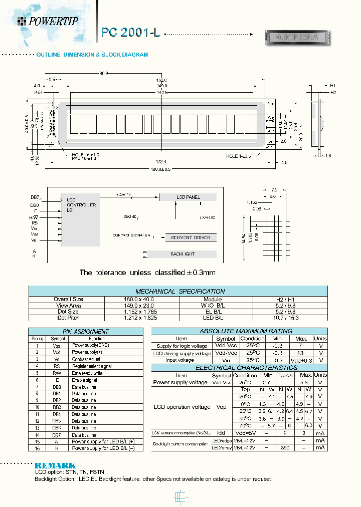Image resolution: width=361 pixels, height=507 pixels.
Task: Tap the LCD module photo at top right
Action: click(296, 37)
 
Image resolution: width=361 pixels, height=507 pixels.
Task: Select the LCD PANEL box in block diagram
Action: click(188, 197)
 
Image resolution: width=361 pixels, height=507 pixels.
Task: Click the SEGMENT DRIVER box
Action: click(190, 237)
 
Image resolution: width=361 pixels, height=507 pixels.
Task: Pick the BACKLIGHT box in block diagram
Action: click(182, 255)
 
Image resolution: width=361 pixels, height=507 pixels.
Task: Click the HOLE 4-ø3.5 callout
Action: click(239, 156)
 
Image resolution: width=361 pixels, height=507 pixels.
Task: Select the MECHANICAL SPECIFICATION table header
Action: click(180, 291)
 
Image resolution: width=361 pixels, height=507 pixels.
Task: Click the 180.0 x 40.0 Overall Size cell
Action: click(141, 299)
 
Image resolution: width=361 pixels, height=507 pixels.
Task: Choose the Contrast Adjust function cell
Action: click(86, 359)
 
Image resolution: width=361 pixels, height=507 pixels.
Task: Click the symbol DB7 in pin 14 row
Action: click(56, 435)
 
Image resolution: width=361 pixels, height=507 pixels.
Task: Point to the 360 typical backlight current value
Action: click(285, 447)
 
